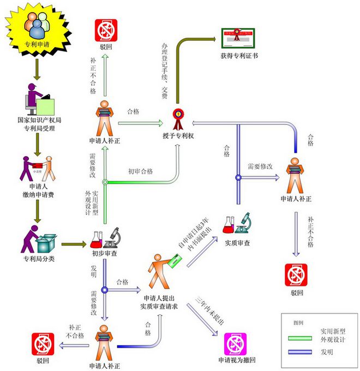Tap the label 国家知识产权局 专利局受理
click(x=36, y=124)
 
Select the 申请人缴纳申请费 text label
click(x=37, y=190)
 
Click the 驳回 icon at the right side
click(x=296, y=275)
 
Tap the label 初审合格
click(x=140, y=171)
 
